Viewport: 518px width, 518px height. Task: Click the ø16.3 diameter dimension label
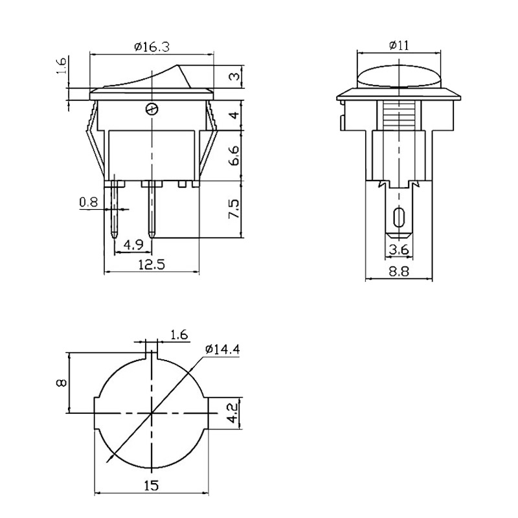point(152,47)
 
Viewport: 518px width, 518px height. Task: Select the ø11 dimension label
point(399,45)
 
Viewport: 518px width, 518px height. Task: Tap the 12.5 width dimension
point(152,265)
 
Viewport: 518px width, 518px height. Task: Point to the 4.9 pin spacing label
point(133,245)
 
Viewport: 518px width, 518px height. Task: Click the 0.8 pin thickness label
point(89,202)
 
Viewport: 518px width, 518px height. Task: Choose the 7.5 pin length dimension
point(234,208)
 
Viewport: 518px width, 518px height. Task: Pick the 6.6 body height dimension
point(234,155)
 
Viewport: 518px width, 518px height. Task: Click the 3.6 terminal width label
point(399,249)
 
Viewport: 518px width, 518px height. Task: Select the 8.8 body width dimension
point(399,271)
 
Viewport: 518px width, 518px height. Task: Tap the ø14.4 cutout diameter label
point(222,349)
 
